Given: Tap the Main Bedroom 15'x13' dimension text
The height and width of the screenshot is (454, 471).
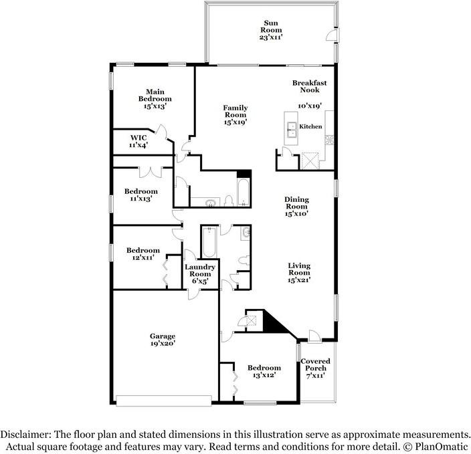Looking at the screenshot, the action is [x=155, y=106].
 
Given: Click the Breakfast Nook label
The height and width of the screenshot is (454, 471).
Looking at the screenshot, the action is [x=310, y=86].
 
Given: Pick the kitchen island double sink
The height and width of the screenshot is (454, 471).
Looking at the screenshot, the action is [x=292, y=130].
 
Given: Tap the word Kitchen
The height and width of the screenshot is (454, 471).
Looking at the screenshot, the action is [x=310, y=126].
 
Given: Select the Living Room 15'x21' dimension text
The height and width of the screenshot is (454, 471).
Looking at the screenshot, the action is [x=299, y=280].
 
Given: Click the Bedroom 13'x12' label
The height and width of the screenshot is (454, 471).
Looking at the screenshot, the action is [x=264, y=372].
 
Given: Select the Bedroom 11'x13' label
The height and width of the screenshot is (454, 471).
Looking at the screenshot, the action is [x=141, y=195].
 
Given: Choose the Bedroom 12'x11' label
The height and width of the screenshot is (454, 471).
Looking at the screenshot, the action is [x=143, y=253].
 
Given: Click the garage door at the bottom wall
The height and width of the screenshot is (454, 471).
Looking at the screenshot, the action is [x=164, y=401].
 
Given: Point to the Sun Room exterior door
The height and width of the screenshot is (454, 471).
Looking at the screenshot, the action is [x=333, y=34].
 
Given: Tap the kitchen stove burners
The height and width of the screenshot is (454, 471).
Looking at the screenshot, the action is [x=330, y=140].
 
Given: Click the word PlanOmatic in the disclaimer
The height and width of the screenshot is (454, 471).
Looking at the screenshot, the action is [x=442, y=446].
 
